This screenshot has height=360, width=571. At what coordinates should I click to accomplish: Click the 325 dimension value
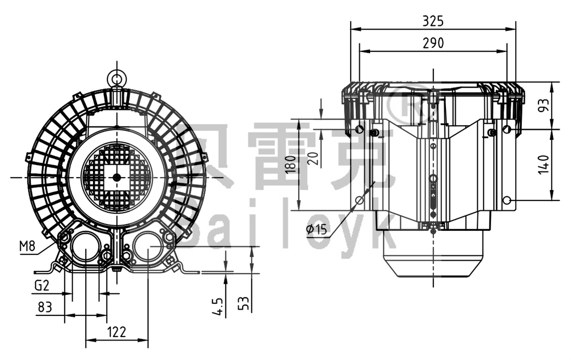tap(433, 22)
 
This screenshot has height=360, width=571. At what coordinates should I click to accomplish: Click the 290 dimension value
tap(433, 43)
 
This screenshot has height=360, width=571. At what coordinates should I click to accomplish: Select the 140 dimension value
tap(544, 165)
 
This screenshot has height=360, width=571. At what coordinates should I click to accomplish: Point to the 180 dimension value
tap(291, 165)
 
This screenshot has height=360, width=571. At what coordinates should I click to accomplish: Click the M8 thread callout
tap(27, 246)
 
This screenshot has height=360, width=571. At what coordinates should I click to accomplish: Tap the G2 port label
tap(42, 285)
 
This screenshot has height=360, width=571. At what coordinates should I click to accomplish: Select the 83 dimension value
tap(45, 307)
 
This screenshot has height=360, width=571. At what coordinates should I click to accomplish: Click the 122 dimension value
tap(116, 332)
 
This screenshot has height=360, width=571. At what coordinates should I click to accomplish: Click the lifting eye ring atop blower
tap(116, 78)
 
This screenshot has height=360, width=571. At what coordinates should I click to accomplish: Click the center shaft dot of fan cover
tap(116, 177)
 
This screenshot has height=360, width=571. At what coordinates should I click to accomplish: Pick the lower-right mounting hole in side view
tap(506, 201)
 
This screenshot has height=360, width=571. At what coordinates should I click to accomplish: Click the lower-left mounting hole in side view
tap(359, 201)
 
